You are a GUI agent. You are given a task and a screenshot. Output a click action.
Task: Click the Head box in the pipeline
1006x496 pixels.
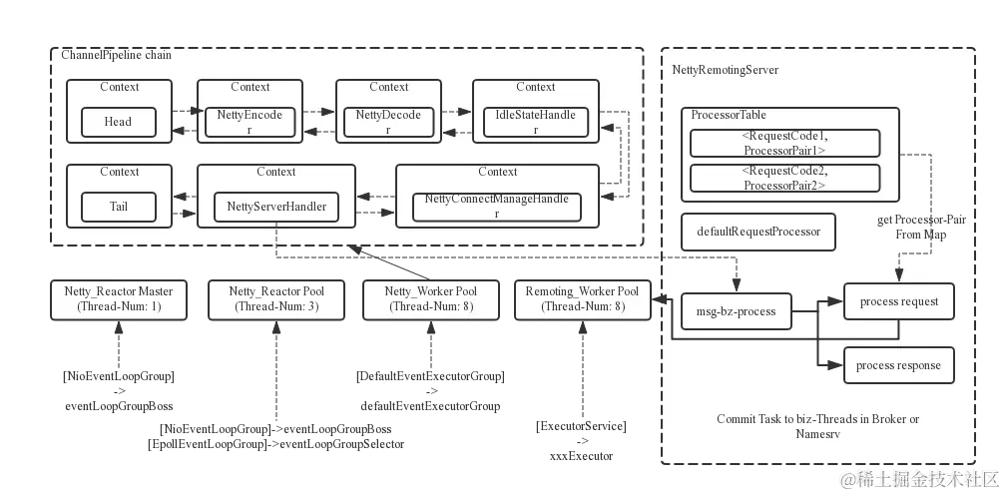point(118,122)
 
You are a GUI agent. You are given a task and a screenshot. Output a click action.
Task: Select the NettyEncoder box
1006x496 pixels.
point(250,122)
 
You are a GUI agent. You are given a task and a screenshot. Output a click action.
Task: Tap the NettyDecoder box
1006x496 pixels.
point(388,122)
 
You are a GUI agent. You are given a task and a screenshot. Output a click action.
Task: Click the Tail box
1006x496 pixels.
point(118,208)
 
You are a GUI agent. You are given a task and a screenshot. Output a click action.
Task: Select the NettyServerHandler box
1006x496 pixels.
point(275,208)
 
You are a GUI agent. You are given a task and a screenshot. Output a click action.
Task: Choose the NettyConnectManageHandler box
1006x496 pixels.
point(496,207)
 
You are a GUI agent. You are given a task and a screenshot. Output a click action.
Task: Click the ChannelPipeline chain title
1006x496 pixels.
point(116,55)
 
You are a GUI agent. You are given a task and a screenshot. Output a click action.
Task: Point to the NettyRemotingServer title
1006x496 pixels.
point(726,71)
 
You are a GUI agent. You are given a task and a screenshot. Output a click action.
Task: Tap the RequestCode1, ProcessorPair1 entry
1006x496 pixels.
point(783,143)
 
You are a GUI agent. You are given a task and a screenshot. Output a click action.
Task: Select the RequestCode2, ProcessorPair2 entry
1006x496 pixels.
point(783,178)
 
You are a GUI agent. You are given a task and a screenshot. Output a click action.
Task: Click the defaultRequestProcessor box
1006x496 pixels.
point(758,232)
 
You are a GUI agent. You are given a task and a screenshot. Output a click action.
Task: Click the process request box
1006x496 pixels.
point(897,301)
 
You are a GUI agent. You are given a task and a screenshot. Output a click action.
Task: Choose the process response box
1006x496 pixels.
point(897,365)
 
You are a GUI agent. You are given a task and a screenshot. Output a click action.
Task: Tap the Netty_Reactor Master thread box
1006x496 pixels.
point(119,299)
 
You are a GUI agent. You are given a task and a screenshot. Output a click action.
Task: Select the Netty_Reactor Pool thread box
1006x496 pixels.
point(276,299)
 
